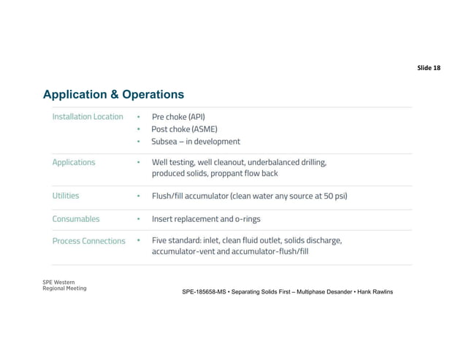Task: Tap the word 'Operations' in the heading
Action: coord(153,95)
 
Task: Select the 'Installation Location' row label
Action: coord(88,117)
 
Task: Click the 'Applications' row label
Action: coord(74,162)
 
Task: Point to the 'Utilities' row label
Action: coord(66,196)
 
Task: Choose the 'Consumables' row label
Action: coord(76,218)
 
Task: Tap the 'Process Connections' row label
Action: coord(89,240)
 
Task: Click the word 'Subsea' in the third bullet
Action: coord(166,142)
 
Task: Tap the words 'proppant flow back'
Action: coord(242,174)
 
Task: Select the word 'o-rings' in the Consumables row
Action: coord(246,218)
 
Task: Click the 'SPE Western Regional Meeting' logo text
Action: coord(64,286)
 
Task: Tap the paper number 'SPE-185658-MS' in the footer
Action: coord(207,292)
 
